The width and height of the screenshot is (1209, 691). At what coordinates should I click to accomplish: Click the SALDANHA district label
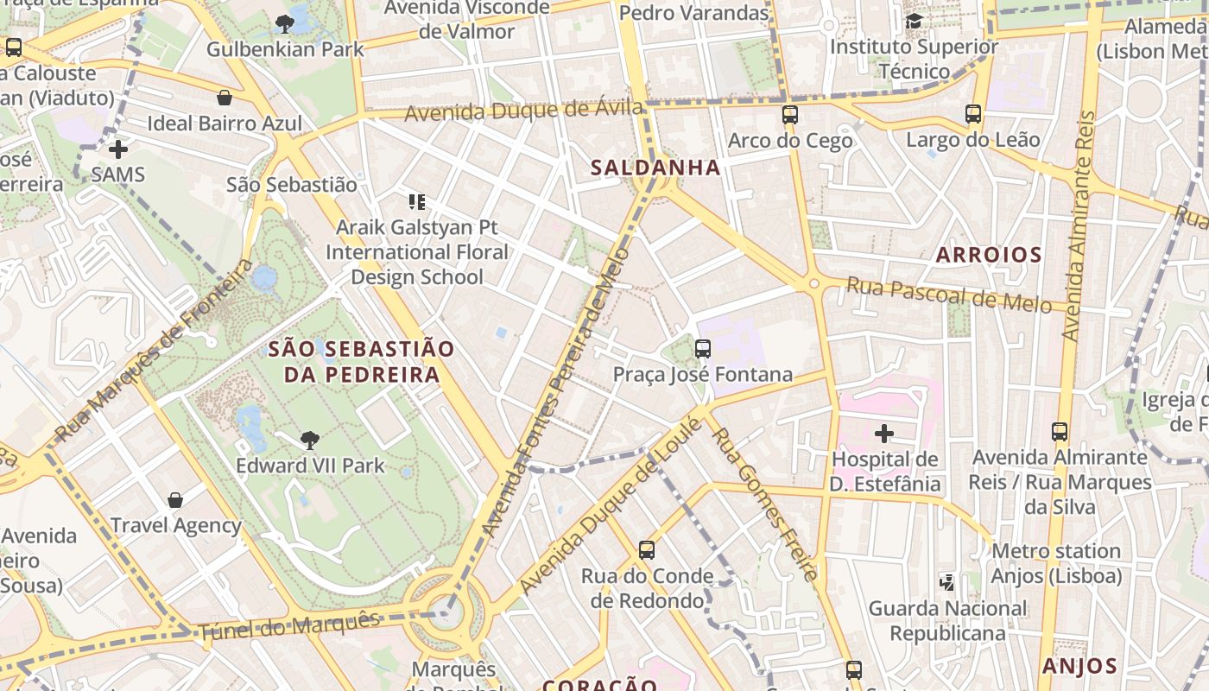click(655, 168)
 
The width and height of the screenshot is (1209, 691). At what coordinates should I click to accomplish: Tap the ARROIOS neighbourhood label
click(989, 255)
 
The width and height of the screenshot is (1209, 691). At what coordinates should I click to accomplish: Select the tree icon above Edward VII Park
click(309, 441)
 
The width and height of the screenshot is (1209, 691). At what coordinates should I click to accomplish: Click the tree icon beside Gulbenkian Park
click(285, 24)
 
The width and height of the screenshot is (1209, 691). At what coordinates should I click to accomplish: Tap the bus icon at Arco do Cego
click(789, 115)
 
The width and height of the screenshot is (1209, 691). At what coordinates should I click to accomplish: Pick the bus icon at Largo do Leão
click(973, 114)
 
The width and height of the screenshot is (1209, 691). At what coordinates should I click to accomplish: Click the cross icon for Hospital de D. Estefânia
click(884, 434)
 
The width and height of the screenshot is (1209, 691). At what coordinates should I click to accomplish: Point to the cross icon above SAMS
click(118, 149)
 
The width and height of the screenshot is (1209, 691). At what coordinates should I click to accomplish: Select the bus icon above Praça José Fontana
click(703, 349)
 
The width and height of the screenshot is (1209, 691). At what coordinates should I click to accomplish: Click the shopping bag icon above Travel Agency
click(175, 500)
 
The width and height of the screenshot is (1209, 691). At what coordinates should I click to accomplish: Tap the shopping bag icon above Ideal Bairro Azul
click(225, 98)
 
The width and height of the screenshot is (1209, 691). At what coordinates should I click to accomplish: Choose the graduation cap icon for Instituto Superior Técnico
click(914, 22)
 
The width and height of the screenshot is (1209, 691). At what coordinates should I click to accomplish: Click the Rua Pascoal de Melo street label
click(948, 295)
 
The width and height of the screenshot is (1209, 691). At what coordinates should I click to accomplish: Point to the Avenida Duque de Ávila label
click(523, 111)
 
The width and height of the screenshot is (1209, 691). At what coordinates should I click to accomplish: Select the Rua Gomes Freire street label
click(763, 504)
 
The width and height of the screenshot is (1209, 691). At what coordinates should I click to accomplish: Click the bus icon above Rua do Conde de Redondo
click(646, 550)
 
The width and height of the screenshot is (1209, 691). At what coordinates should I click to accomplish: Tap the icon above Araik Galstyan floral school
click(417, 203)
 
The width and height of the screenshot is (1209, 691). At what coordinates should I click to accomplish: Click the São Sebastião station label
click(291, 184)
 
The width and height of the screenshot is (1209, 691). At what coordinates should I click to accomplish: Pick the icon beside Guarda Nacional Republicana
click(947, 583)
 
